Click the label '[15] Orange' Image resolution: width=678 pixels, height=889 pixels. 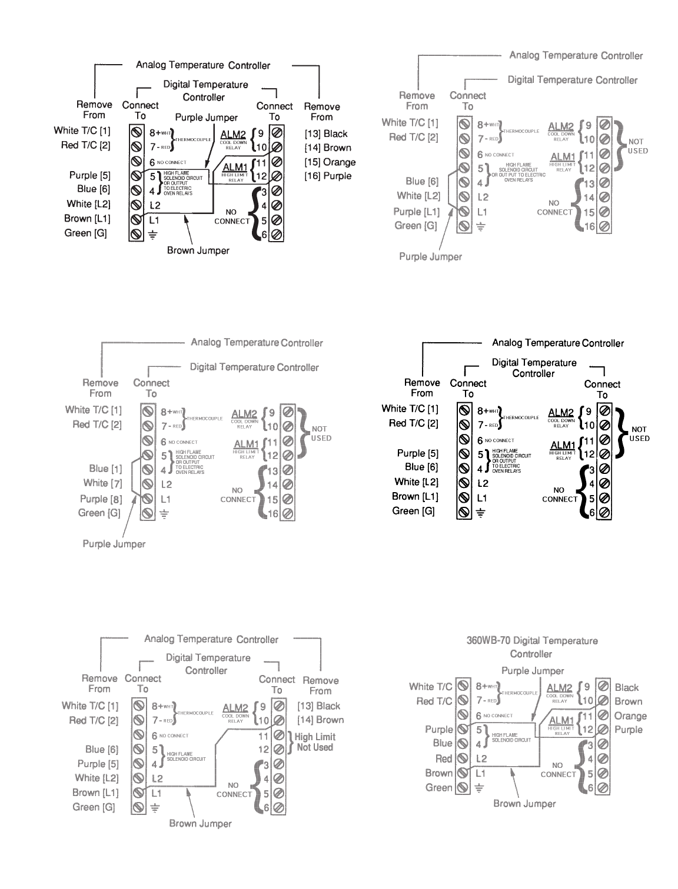[330, 162]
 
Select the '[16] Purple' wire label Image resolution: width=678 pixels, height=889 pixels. [328, 176]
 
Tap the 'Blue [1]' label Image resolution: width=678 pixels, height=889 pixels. [105, 469]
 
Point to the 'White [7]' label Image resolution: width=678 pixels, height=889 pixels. [103, 483]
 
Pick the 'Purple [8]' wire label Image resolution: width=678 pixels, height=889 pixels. [101, 499]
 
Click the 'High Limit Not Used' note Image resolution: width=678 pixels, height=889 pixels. [314, 742]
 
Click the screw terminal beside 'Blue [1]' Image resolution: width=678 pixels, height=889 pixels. [147, 469]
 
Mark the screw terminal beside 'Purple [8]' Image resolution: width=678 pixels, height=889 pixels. [147, 499]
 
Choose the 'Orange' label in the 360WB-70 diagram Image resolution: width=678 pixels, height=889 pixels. [630, 716]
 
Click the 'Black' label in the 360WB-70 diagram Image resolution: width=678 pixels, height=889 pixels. [627, 687]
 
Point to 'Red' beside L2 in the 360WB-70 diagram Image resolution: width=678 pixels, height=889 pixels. [444, 758]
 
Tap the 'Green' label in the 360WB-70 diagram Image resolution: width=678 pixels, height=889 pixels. [439, 788]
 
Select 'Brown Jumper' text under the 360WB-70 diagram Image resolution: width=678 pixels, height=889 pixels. [524, 804]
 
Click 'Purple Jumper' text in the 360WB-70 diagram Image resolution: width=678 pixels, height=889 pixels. [533, 671]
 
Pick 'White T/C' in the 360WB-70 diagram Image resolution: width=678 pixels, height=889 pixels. [431, 687]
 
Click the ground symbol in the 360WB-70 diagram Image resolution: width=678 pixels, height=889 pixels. [480, 788]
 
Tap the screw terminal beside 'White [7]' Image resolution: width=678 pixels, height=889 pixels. [147, 484]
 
